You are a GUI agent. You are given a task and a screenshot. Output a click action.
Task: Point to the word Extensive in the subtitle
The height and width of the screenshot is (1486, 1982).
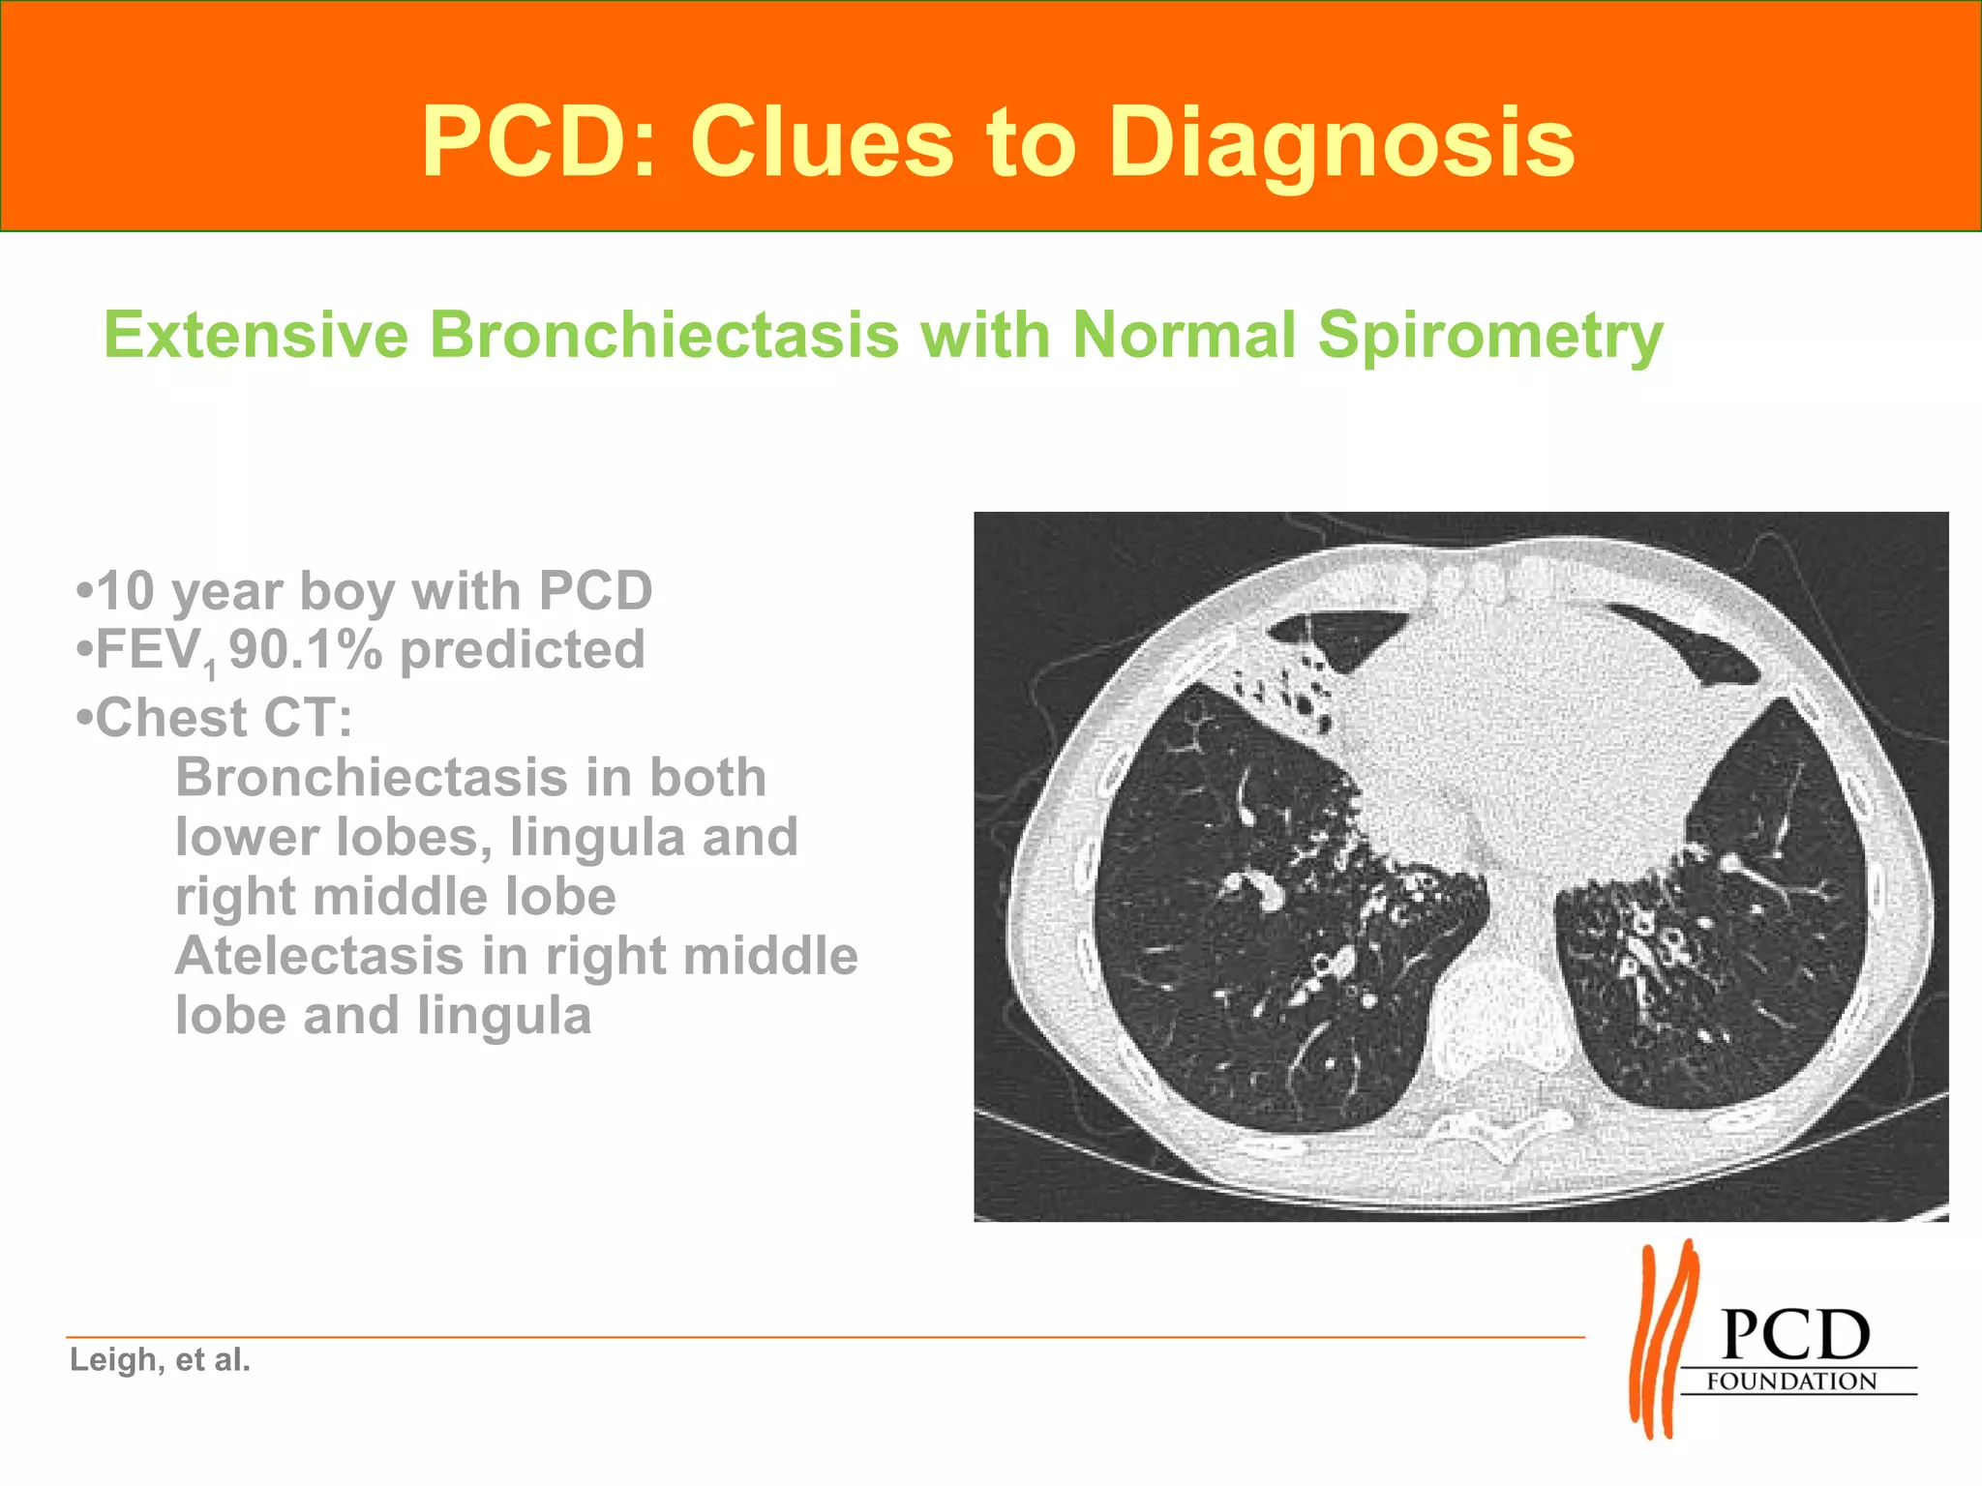coord(256,335)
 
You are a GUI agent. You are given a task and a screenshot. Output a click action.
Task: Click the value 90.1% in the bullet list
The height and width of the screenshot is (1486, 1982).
coord(306,649)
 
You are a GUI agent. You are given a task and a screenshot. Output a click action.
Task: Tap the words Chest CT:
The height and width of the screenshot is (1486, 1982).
coord(223,718)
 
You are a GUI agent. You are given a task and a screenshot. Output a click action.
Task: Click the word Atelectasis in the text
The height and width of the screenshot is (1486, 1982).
coord(319,956)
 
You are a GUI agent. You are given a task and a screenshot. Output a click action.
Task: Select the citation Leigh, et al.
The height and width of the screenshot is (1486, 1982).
coord(160,1359)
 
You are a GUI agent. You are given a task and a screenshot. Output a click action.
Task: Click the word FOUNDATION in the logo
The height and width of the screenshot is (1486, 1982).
coord(1791,1382)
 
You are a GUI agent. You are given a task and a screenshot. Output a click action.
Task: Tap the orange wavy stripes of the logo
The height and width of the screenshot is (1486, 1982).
coord(1663,1340)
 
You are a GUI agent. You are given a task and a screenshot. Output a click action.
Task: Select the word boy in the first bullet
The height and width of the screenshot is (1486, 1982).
coord(339,592)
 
